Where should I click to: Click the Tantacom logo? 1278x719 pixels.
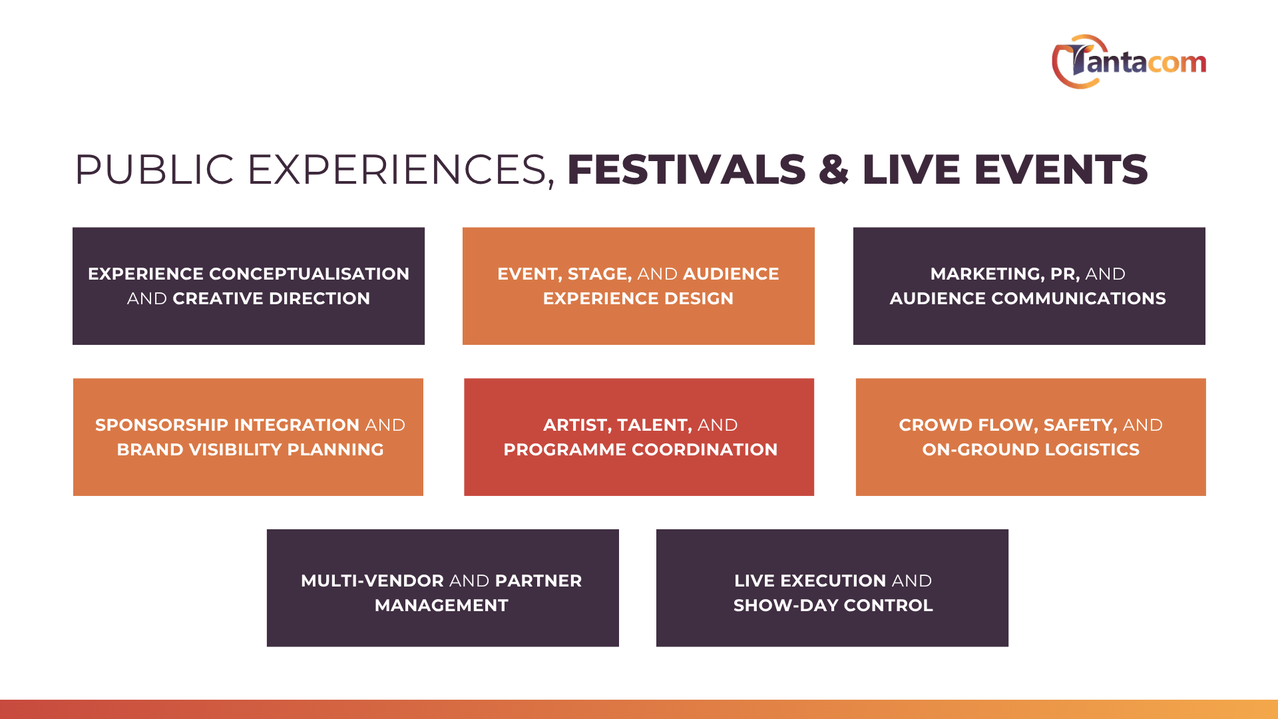1129,62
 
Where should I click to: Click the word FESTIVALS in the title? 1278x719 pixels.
686,169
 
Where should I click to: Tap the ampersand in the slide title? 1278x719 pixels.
834,169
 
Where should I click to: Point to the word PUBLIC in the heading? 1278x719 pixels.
154,169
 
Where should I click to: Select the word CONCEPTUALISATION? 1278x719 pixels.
309,274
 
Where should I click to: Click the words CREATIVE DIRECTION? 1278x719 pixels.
271,298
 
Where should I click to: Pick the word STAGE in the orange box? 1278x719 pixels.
600,274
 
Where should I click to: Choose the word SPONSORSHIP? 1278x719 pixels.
162,425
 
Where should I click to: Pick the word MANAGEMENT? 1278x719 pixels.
441,605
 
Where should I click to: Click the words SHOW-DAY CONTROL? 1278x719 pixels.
833,605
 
